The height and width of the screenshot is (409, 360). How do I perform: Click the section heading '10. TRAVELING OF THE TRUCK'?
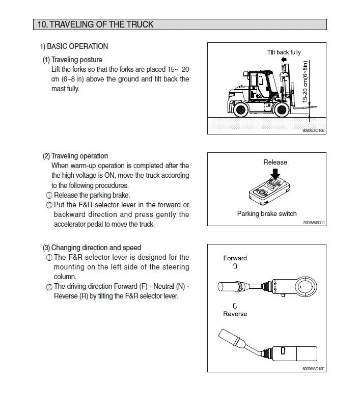click(95, 24)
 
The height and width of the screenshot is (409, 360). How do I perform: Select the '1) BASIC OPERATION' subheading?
click(74, 46)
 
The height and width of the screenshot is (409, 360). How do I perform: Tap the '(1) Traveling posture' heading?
click(72, 60)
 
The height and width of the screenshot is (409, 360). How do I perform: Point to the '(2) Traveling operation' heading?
click(75, 156)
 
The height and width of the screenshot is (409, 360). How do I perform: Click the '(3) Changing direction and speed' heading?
click(92, 248)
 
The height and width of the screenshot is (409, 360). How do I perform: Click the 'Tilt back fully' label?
click(284, 52)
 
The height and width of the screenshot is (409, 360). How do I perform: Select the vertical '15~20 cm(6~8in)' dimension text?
click(306, 83)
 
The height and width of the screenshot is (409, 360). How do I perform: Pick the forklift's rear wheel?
click(241, 108)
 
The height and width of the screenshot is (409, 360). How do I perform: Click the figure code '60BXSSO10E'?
click(314, 130)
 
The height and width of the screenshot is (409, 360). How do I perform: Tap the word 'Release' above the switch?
click(275, 162)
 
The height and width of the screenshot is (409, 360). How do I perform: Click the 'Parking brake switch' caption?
click(267, 214)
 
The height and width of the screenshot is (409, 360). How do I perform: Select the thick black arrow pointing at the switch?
click(275, 174)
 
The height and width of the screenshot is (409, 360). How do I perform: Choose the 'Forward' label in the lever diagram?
click(235, 258)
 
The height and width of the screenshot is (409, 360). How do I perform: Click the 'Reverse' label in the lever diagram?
click(235, 314)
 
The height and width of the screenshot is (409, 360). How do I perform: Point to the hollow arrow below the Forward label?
click(235, 266)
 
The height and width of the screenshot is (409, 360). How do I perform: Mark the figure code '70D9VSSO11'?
click(314, 223)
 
